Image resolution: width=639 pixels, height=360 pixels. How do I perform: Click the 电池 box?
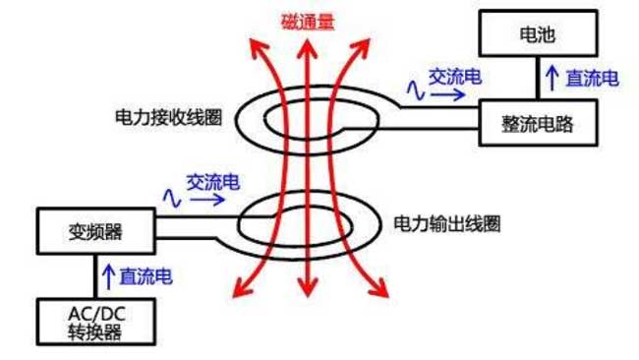click(537, 33)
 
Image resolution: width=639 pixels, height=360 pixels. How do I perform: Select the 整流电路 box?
click(537, 123)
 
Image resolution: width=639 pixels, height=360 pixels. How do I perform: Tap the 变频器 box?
click(94, 231)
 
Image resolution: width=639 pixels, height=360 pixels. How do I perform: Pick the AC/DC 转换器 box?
click(94, 322)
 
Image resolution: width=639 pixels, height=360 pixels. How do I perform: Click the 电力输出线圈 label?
click(446, 224)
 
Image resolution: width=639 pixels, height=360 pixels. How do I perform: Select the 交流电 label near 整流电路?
click(453, 76)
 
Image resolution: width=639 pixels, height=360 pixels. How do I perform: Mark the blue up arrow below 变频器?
click(107, 276)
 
